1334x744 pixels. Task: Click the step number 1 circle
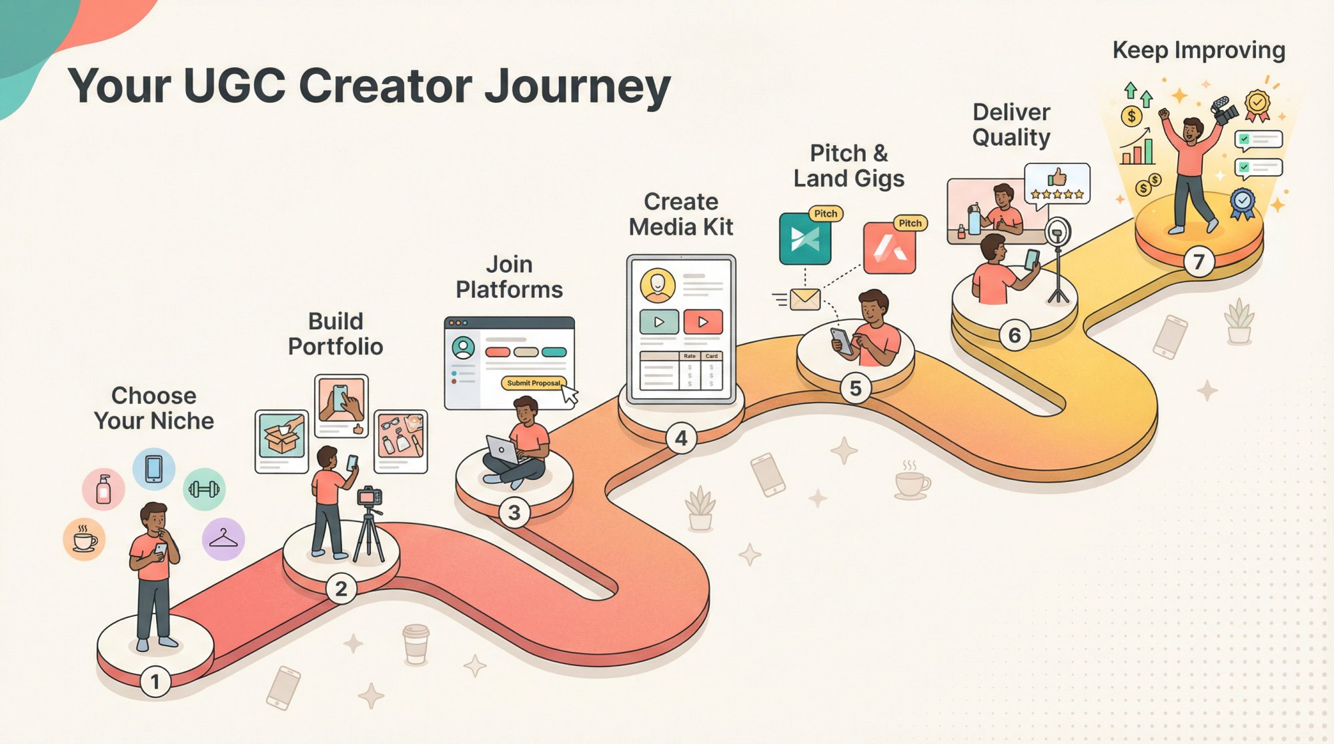pos(155,682)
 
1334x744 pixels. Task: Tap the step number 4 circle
pos(681,438)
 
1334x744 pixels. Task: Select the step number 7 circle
pos(1199,262)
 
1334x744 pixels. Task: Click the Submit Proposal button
pos(533,383)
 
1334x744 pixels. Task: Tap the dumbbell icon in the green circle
pos(204,489)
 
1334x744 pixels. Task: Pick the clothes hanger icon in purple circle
pos(223,539)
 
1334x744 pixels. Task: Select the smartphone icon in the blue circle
pos(154,469)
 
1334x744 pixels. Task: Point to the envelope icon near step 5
pos(804,299)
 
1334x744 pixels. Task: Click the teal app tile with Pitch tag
pos(805,239)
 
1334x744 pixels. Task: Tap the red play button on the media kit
pos(702,322)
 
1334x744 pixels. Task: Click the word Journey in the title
pos(577,87)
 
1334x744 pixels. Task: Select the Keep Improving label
pos(1199,51)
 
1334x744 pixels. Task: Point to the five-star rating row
pos(1057,195)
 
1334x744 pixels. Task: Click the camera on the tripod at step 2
pos(369,497)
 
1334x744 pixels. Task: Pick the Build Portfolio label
pos(336,334)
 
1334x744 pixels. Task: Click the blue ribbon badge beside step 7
pos(1242,202)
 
